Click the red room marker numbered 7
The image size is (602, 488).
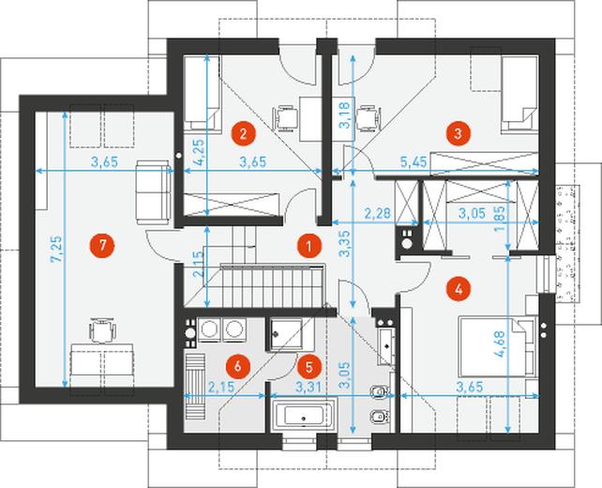(102, 246)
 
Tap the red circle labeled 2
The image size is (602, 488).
(243, 133)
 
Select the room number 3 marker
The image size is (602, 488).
(458, 133)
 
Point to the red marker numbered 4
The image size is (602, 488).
(458, 289)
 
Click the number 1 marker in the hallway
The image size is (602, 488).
(309, 246)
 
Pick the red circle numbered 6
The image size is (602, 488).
(237, 366)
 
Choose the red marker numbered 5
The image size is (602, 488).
(309, 366)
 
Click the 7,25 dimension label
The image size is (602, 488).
(56, 249)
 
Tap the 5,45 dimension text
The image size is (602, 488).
(414, 161)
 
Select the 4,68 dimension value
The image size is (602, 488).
(501, 344)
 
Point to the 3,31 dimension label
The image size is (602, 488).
(309, 387)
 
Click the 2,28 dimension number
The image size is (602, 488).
(377, 213)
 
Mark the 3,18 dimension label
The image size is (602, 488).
(345, 114)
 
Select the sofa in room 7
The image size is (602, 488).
(153, 192)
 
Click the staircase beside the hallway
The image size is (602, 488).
(272, 285)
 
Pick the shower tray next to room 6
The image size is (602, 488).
(286, 334)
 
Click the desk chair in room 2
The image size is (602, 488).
(286, 118)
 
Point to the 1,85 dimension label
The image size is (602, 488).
(500, 220)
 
